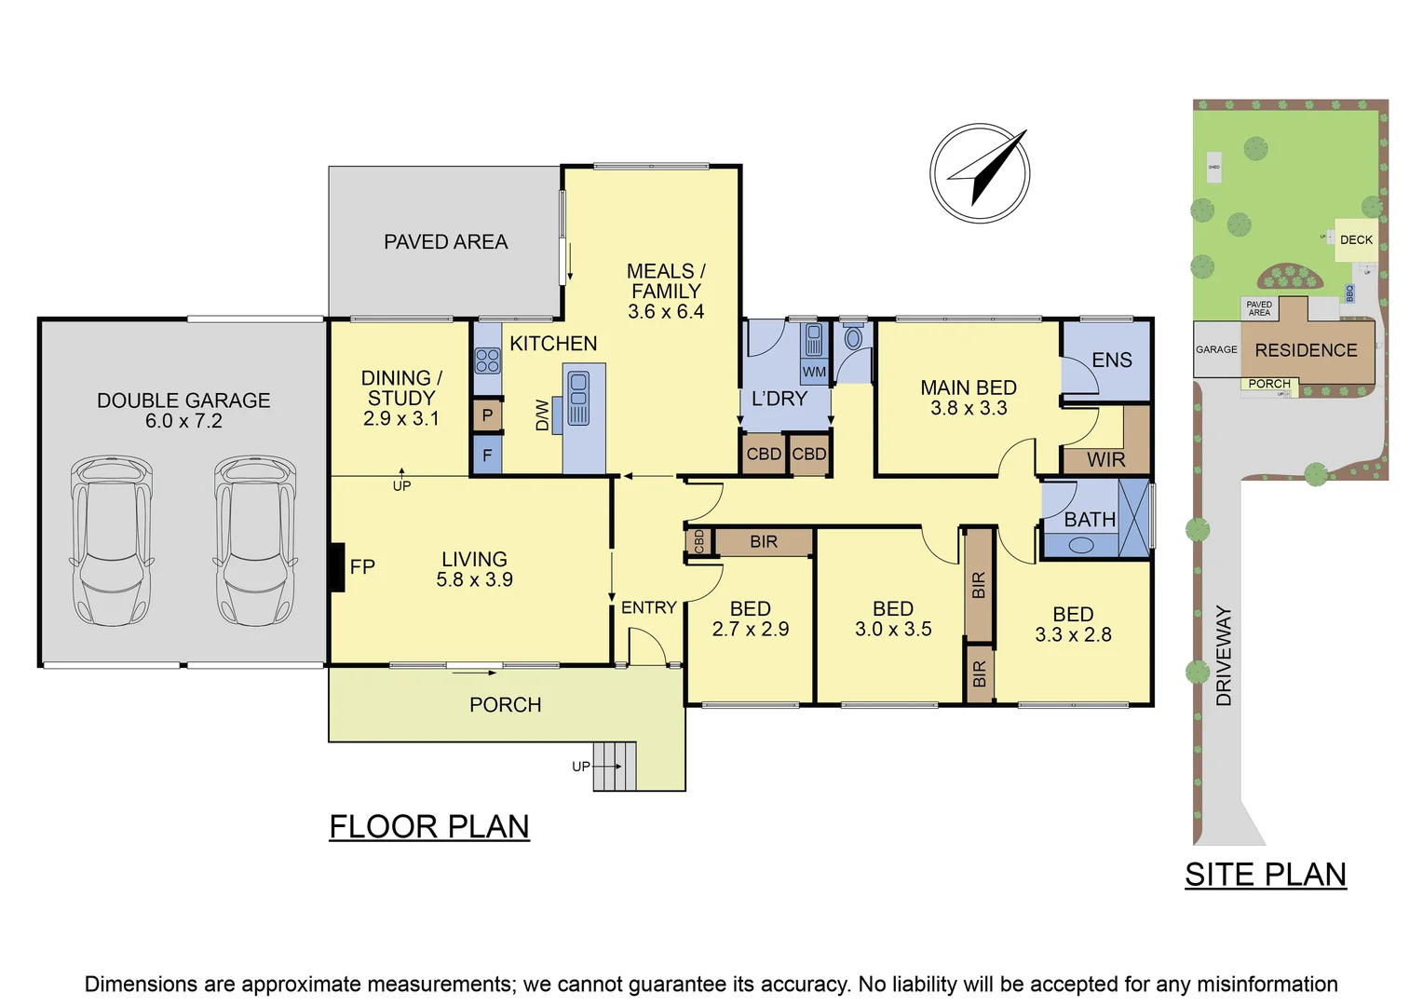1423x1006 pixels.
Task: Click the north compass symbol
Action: click(979, 173)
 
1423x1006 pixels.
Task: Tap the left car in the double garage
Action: click(111, 540)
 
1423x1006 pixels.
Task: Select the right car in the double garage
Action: click(255, 540)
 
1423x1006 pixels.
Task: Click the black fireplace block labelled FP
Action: click(337, 566)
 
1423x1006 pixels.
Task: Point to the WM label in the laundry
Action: click(814, 372)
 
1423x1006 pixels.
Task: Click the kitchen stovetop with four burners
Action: click(487, 360)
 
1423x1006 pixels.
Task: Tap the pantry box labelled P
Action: click(487, 415)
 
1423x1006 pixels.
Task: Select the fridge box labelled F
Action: click(487, 456)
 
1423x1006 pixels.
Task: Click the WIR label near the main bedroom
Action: click(1105, 459)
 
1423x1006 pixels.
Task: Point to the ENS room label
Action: click(1111, 360)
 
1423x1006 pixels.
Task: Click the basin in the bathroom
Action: click(1080, 546)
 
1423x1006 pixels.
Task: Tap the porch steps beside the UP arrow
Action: click(616, 766)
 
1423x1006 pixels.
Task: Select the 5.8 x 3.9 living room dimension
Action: click(474, 579)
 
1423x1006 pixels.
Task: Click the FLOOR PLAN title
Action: click(429, 826)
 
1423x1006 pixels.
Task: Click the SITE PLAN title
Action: click(1265, 875)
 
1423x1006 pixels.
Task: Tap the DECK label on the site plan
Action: click(1356, 240)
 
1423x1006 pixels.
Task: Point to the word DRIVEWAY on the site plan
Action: click(1224, 656)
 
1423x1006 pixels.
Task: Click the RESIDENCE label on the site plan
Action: click(1306, 350)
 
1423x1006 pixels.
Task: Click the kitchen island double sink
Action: click(578, 398)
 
